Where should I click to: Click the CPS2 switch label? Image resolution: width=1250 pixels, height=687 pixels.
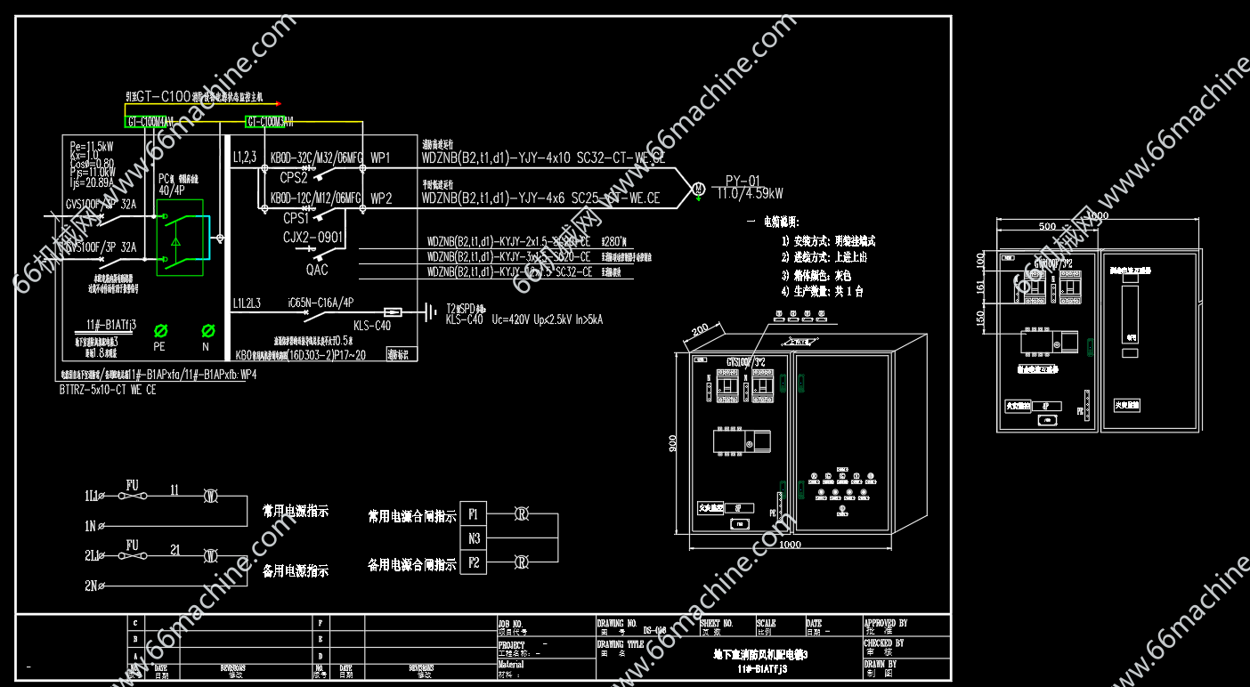tap(294, 177)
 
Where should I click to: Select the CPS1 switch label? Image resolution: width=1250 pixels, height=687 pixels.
tap(296, 217)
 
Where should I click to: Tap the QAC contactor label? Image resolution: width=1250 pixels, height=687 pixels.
tap(316, 270)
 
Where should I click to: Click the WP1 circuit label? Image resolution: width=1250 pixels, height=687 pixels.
tap(381, 158)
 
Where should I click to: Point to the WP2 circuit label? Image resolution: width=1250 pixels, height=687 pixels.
tap(381, 198)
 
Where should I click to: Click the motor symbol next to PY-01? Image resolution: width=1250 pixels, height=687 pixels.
tap(699, 188)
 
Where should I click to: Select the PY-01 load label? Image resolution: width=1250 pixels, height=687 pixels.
tap(743, 179)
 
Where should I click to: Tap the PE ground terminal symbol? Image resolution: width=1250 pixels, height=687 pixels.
tap(161, 330)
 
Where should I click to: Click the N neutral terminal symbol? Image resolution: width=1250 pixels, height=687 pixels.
tap(207, 330)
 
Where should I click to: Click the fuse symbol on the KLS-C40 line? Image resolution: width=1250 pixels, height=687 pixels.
tap(392, 312)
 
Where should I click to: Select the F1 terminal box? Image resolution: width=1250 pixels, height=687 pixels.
tap(474, 513)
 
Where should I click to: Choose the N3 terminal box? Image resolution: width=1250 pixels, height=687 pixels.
tap(474, 537)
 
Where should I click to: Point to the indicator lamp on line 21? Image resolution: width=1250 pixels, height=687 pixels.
tap(211, 557)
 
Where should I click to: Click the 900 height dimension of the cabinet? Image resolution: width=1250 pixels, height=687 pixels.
tap(673, 443)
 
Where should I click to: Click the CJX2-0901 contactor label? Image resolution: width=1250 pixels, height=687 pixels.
tap(312, 236)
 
